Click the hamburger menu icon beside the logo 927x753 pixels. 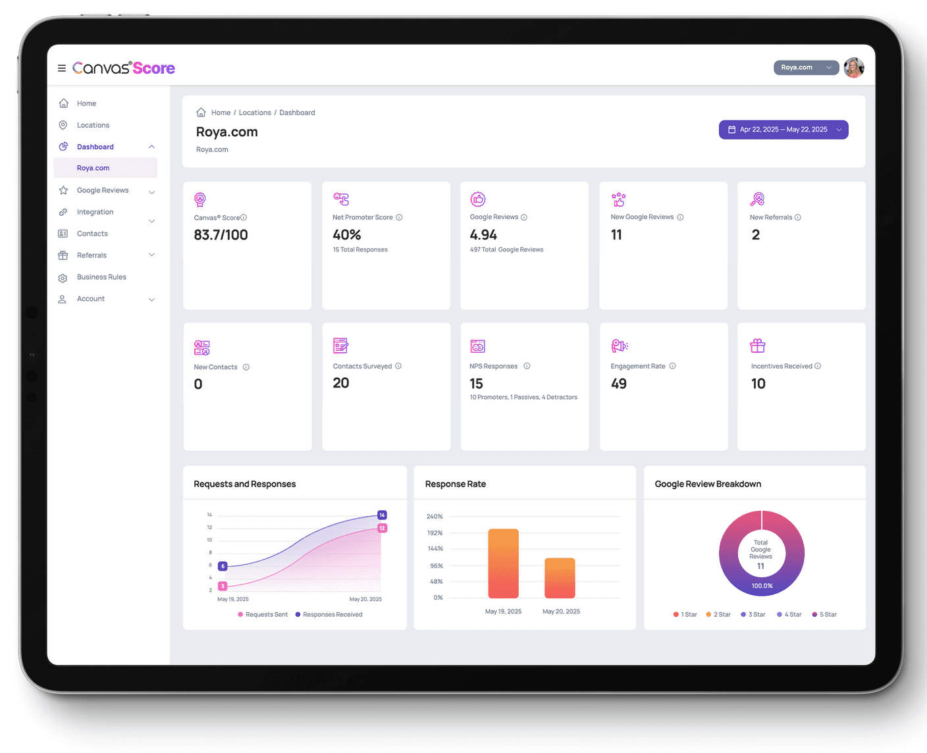[x=62, y=68]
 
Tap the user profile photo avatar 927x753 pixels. [x=854, y=67]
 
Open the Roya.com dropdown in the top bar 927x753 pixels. [x=806, y=67]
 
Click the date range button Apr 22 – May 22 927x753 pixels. [x=783, y=130]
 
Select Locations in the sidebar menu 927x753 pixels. [x=93, y=125]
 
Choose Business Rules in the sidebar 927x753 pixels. [x=101, y=277]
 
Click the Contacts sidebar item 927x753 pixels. [x=92, y=234]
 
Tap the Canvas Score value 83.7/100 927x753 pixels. [x=221, y=235]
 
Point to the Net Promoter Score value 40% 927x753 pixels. [x=347, y=235]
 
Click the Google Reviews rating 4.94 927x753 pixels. [x=483, y=235]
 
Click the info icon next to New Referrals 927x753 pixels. [x=798, y=217]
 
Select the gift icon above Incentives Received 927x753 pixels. [x=758, y=346]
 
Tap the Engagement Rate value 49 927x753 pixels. [x=619, y=384]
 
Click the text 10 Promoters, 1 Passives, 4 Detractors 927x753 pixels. [x=523, y=398]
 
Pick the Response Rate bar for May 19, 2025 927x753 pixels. [x=503, y=563]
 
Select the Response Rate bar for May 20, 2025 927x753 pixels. [x=560, y=578]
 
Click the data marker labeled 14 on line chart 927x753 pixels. [x=382, y=515]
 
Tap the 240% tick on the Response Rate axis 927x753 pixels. [x=435, y=517]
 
